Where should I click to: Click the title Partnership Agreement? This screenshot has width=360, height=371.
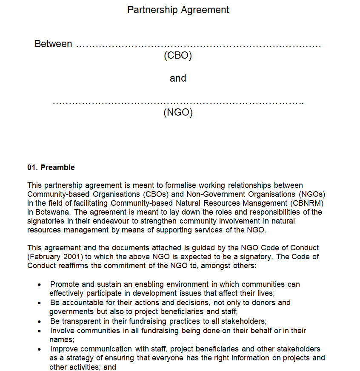(x=178, y=10)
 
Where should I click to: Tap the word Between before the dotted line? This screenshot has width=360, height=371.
(x=53, y=44)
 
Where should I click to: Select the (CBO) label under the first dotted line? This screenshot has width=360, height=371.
(x=178, y=55)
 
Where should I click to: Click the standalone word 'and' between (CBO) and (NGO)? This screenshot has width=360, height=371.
(x=178, y=78)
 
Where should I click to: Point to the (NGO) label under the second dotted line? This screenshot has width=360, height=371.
(x=178, y=113)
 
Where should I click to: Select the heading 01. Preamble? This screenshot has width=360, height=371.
(x=51, y=167)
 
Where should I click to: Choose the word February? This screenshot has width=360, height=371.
(x=46, y=257)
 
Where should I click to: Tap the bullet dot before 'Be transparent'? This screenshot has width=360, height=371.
(x=40, y=322)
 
